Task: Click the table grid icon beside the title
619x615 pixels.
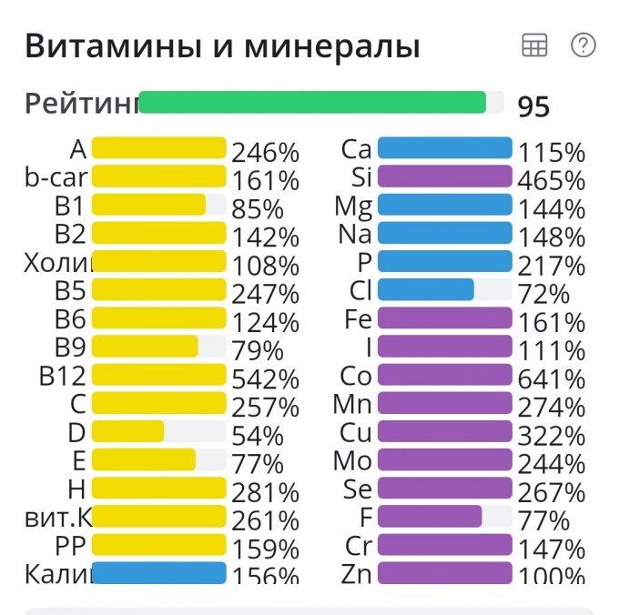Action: click(x=534, y=45)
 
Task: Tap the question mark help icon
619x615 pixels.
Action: click(x=583, y=45)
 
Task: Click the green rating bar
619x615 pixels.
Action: click(x=312, y=102)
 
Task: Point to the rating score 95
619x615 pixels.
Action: click(x=533, y=106)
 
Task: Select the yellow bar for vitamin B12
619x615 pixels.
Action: click(x=158, y=375)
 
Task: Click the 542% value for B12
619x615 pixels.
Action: click(x=265, y=379)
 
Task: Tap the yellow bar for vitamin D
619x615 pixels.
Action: click(x=127, y=431)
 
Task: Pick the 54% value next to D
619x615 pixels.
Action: click(x=258, y=436)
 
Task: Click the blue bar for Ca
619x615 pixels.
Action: click(x=444, y=148)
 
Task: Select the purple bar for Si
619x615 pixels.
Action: click(x=444, y=176)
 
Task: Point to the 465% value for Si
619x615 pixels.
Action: click(x=551, y=181)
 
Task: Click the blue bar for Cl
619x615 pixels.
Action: click(x=425, y=290)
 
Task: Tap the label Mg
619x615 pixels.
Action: click(x=353, y=206)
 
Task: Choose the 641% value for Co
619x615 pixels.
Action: click(x=551, y=379)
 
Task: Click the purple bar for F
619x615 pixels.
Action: click(x=429, y=517)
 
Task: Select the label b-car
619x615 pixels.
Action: click(x=56, y=177)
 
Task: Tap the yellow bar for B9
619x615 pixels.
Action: click(x=145, y=347)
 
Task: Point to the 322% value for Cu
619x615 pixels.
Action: click(x=551, y=436)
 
